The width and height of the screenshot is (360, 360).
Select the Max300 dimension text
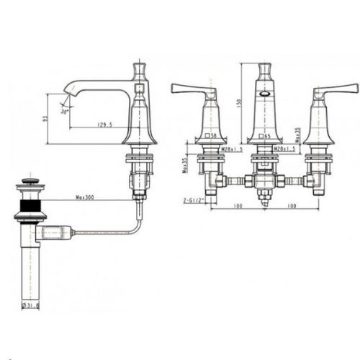pyautogui.click(x=86, y=197)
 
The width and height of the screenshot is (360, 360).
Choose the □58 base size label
pyautogui.click(x=212, y=135)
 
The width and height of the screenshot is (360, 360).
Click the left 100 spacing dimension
pyautogui.click(x=238, y=207)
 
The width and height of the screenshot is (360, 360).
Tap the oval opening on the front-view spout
pyautogui.click(x=264, y=94)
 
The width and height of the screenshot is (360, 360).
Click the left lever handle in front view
pyautogui.click(x=191, y=90)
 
